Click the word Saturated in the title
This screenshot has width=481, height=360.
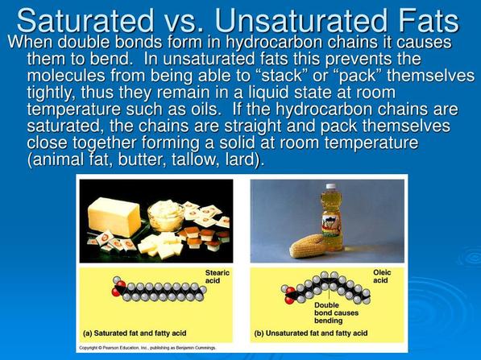(85, 21)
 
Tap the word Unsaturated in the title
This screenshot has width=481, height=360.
(301, 21)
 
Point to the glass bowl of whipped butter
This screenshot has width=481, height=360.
(166, 216)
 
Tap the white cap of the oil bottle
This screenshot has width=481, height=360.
(331, 186)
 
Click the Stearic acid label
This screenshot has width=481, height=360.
(218, 276)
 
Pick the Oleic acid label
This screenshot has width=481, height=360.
(382, 276)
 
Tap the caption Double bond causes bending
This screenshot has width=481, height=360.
(336, 312)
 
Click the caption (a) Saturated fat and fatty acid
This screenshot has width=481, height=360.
(135, 333)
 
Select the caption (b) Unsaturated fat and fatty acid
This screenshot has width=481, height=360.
(311, 333)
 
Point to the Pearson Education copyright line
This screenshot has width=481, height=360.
(147, 348)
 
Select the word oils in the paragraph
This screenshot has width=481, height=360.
(202, 110)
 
